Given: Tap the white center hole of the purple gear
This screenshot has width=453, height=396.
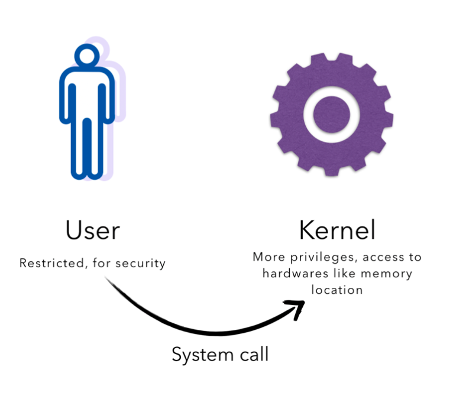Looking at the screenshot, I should (x=332, y=113).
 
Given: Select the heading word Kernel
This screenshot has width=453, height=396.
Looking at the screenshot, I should (x=337, y=231).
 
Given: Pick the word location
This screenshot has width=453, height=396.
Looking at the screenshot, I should (x=337, y=291).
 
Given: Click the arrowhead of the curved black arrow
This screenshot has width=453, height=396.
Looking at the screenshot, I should (x=297, y=307).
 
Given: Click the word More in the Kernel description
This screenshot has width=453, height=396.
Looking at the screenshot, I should (x=267, y=257).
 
